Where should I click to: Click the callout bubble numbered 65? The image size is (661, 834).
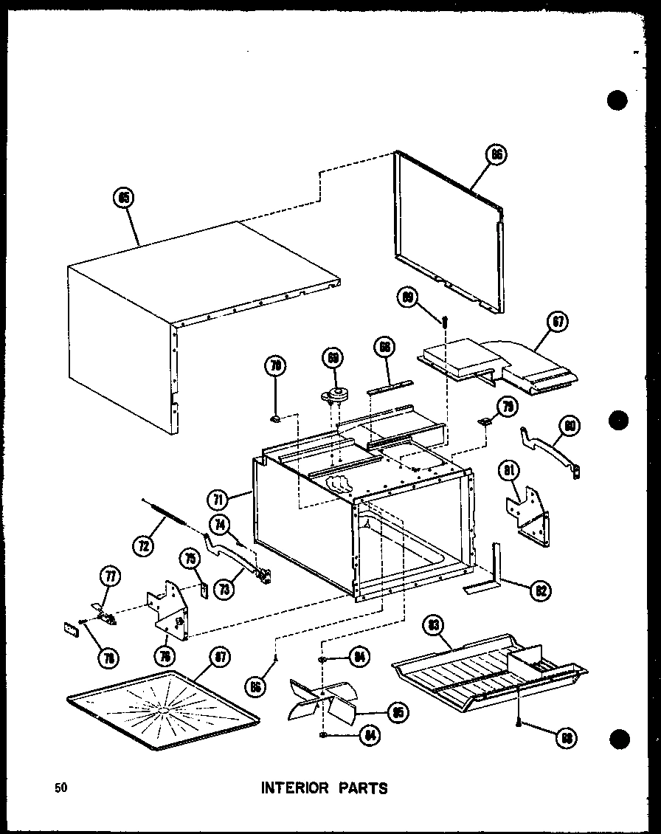pyautogui.click(x=123, y=197)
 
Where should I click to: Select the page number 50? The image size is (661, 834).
pyautogui.click(x=61, y=788)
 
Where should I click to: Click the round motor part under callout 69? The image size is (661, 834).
pyautogui.click(x=336, y=396)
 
